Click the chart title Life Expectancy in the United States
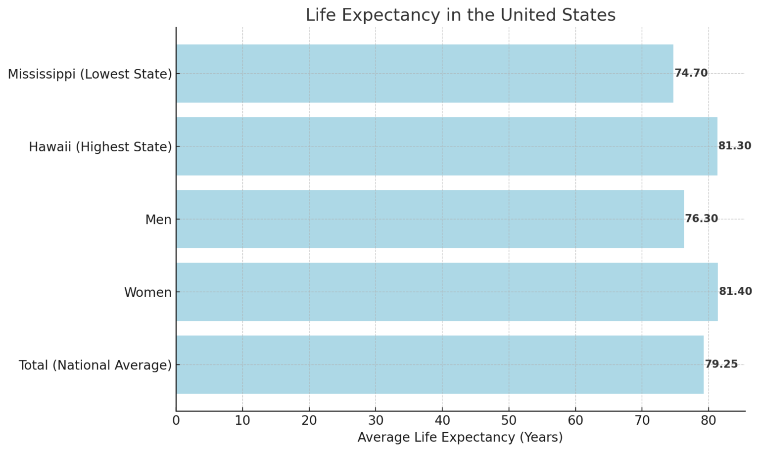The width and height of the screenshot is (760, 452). click(x=460, y=15)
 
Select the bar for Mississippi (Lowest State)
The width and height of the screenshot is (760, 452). click(x=425, y=74)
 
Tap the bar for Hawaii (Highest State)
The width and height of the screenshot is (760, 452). click(x=446, y=146)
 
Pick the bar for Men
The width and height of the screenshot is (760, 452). click(x=430, y=219)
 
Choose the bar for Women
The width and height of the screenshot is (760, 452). click(x=447, y=292)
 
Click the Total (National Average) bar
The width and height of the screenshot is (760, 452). click(x=439, y=364)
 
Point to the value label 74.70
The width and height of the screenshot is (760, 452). click(x=691, y=73)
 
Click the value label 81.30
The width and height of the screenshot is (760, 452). click(x=735, y=146)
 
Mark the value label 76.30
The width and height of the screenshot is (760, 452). click(x=701, y=219)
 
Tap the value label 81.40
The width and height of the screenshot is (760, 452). click(x=735, y=291)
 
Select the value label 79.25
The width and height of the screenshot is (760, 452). click(x=721, y=364)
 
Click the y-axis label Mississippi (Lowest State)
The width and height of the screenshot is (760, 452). click(x=90, y=74)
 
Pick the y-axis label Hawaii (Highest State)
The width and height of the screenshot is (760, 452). click(x=100, y=147)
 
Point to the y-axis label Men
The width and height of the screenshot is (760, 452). click(x=158, y=220)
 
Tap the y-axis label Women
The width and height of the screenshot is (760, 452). click(x=147, y=292)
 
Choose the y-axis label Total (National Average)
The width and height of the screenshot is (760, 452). click(x=95, y=365)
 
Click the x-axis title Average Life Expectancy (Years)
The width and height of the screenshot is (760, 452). click(x=460, y=437)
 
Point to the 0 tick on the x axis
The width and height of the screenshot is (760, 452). click(x=176, y=421)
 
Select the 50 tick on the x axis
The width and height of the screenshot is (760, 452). click(x=509, y=421)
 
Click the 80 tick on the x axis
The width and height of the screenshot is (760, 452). click(x=709, y=421)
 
